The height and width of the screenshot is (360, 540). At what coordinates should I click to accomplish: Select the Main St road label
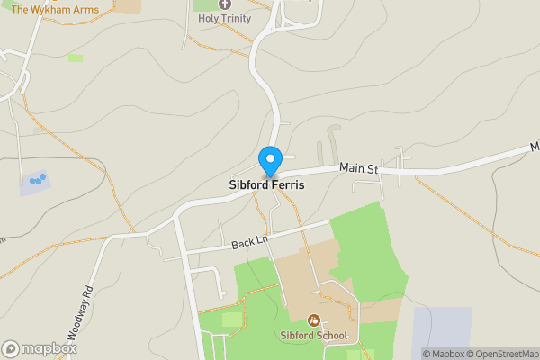pyautogui.click(x=359, y=167)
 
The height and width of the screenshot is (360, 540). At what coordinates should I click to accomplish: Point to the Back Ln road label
pyautogui.click(x=250, y=241)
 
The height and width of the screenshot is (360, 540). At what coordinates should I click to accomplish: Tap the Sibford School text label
pyautogui.click(x=313, y=337)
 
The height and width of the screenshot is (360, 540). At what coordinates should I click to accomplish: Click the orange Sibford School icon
pyautogui.click(x=314, y=319)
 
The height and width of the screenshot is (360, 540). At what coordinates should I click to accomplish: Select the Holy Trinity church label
pyautogui.click(x=225, y=18)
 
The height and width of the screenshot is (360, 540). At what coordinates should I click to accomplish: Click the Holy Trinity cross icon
pyautogui.click(x=225, y=4)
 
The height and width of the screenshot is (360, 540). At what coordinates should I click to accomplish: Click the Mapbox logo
pyautogui.click(x=39, y=348)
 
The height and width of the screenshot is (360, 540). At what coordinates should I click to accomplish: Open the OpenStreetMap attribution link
pyautogui.click(x=499, y=354)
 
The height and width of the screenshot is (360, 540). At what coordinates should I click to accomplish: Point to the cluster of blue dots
pyautogui.click(x=36, y=180)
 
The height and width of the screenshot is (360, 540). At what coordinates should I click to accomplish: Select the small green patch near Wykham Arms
pyautogui.click(x=75, y=58)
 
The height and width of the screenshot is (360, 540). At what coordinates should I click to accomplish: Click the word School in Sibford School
pyautogui.click(x=331, y=337)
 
